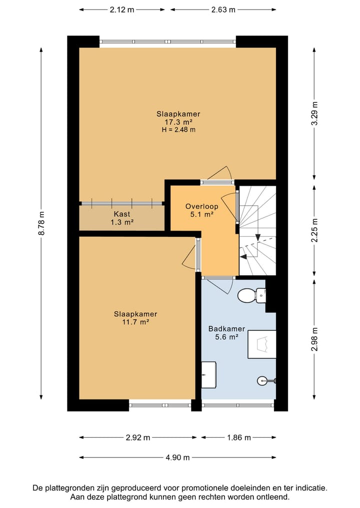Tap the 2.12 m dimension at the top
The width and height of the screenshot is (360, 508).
(x=122, y=9)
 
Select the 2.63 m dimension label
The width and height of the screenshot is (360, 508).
(x=223, y=9)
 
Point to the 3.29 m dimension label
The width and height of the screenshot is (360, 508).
(x=314, y=113)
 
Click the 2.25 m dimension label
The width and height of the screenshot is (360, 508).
(x=314, y=231)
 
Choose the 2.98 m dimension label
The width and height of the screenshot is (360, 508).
(x=314, y=340)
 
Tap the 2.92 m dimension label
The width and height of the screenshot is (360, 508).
(x=138, y=438)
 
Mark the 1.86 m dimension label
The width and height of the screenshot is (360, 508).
(x=239, y=438)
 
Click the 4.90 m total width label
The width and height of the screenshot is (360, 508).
(x=177, y=458)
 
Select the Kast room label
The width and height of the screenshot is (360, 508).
(x=122, y=214)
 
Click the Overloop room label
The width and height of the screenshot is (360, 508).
(x=201, y=206)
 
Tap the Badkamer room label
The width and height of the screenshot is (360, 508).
(x=226, y=329)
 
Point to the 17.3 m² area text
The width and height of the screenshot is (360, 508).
(x=178, y=122)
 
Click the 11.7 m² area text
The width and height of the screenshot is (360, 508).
(x=135, y=322)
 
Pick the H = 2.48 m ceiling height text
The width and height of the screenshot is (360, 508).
(x=178, y=130)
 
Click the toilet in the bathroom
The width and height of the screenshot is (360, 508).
(x=252, y=295)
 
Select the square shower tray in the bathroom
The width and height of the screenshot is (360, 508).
(x=262, y=344)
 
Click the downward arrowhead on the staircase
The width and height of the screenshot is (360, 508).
(x=258, y=237)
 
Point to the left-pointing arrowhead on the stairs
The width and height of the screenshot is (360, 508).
(x=243, y=257)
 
